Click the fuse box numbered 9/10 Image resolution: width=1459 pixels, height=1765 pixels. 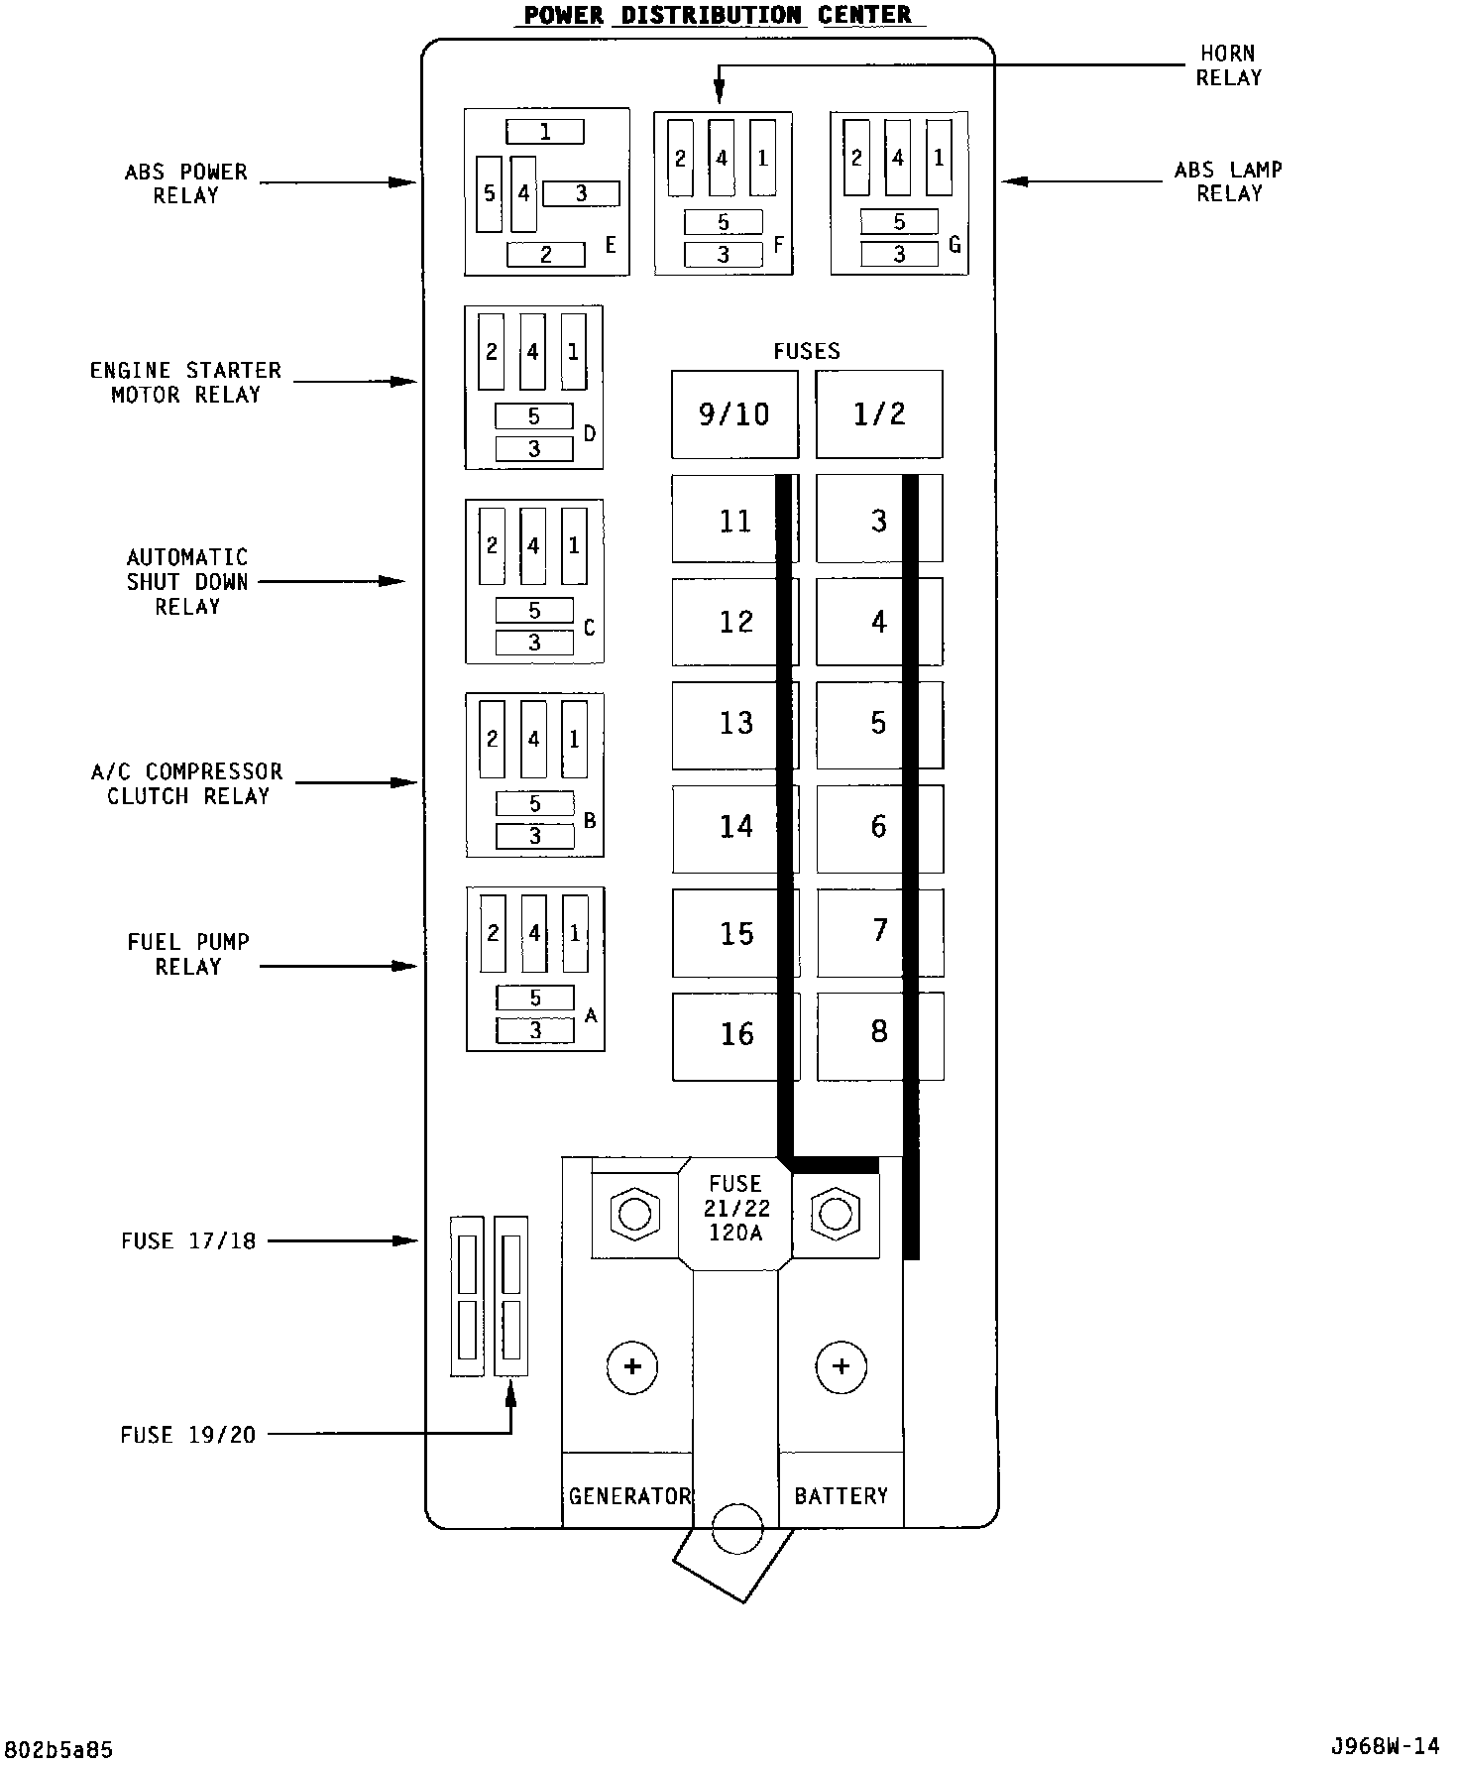(x=734, y=414)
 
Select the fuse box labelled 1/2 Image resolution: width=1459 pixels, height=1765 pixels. (x=879, y=414)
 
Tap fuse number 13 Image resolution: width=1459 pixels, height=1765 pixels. (x=735, y=724)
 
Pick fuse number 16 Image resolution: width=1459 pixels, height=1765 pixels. (x=736, y=1035)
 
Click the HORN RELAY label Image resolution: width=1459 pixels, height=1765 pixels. (x=1228, y=65)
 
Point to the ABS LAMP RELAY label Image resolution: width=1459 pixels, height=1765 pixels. (x=1228, y=182)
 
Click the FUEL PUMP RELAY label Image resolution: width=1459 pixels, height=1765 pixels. (x=188, y=954)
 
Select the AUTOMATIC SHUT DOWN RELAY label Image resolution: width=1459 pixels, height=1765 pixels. (x=187, y=582)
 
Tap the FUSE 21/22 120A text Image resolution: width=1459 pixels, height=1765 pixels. (x=735, y=1209)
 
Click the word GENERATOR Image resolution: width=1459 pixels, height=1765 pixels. (x=628, y=1495)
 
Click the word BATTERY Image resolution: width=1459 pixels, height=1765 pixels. (x=842, y=1495)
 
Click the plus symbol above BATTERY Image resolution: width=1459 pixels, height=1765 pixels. (x=841, y=1366)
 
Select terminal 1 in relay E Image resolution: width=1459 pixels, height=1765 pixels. (x=545, y=132)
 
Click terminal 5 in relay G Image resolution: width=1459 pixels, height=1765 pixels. (x=899, y=222)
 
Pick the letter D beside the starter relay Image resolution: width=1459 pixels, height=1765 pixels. (x=590, y=433)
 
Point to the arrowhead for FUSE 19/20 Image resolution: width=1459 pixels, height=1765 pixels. (x=511, y=1394)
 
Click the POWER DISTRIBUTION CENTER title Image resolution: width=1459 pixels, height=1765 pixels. (x=718, y=15)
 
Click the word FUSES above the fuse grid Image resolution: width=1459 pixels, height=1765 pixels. (x=807, y=351)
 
